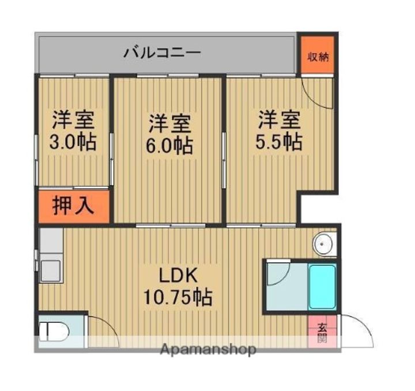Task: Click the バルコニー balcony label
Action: point(162,54)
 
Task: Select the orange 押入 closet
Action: point(73,206)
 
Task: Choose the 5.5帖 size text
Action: point(280,141)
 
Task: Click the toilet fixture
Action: point(53,332)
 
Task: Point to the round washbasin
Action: point(323,245)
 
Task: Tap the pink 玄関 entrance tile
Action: point(322,333)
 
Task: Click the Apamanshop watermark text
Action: point(208,349)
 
